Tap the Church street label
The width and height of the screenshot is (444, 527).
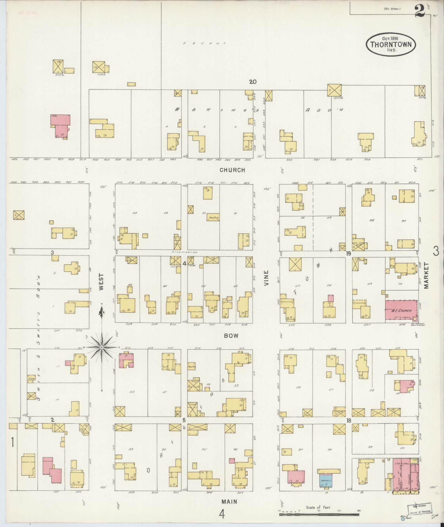point(232,170)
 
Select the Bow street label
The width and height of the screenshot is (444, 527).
point(231,336)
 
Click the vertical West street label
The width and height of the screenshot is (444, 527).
point(102,282)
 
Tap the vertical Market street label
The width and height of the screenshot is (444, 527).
point(426,276)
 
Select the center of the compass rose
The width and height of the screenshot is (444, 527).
point(102,347)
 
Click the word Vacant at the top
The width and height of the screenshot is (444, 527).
point(205,43)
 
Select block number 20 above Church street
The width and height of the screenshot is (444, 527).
point(253,82)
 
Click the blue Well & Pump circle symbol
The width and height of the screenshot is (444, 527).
point(403,519)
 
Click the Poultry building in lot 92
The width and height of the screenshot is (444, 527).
point(214,217)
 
